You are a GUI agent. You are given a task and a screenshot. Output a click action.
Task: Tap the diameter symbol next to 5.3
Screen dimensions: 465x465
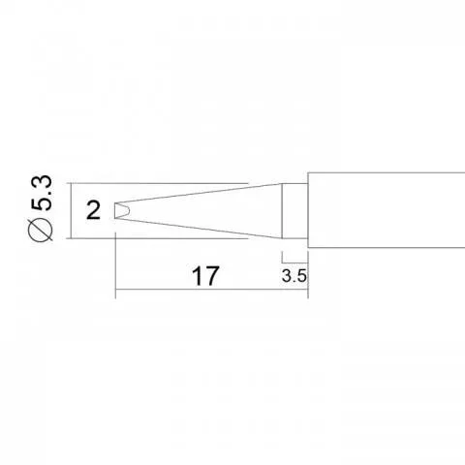(41, 230)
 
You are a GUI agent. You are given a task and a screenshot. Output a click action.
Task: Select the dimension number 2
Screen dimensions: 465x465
(94, 211)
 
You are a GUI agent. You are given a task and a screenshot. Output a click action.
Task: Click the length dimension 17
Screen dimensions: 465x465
(205, 276)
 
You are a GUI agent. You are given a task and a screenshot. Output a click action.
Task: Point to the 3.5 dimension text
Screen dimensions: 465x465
(294, 276)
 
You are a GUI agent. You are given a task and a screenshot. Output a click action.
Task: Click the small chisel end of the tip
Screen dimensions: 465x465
(121, 210)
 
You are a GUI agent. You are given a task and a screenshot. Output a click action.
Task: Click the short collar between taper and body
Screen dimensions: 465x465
(294, 211)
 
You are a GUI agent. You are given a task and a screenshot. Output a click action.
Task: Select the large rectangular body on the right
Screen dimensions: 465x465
(387, 210)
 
